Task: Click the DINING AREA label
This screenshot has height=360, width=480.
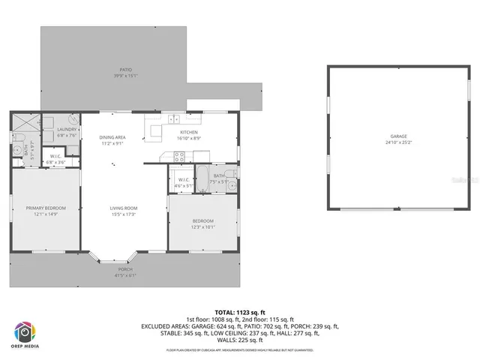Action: [x=112, y=137]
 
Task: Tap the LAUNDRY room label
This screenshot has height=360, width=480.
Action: [x=66, y=130]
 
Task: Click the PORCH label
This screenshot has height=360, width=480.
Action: [x=125, y=268]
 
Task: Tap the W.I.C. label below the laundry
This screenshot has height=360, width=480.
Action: [x=56, y=157]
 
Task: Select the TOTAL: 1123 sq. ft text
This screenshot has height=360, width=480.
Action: [x=240, y=312]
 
